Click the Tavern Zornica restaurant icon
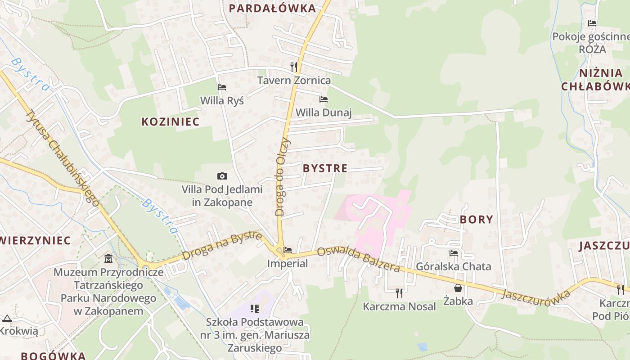point(294,67)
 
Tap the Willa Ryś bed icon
point(222,87)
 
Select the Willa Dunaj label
point(324,112)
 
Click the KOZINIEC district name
point(171,121)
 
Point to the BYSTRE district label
point(325,168)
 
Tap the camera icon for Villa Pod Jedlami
point(222,176)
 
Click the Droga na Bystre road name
point(222,246)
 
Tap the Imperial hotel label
point(288,263)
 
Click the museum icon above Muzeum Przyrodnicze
point(108,259)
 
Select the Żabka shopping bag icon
point(458,288)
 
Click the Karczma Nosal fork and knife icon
point(399,293)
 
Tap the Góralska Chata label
point(454,266)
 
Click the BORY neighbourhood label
point(477,220)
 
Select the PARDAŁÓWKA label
point(272,8)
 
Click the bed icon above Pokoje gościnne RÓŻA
point(592,23)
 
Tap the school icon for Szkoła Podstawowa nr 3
point(255,309)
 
